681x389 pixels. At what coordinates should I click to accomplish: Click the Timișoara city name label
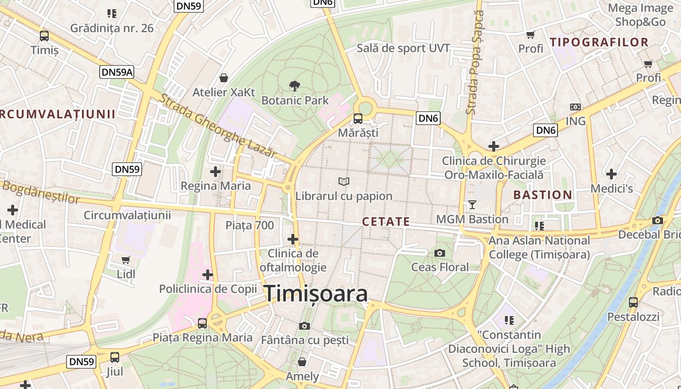(316, 294)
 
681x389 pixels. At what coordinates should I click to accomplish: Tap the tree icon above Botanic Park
(294, 86)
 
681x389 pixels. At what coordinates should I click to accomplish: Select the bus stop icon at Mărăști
(358, 118)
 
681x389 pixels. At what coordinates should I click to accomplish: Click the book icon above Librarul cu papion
(344, 181)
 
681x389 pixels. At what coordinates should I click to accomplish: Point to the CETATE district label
(386, 222)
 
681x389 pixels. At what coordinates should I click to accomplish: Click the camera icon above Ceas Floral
(440, 253)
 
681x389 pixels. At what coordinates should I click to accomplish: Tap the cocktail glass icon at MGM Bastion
(472, 205)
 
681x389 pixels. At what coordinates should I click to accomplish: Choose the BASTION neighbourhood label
(543, 195)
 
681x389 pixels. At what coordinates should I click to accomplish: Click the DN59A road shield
(117, 72)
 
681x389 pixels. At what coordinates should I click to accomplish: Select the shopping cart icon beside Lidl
(126, 260)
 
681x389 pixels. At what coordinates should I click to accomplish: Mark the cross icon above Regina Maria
(215, 171)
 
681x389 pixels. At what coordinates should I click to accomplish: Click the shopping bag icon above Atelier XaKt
(224, 78)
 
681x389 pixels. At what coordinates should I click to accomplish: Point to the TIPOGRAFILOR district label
(599, 42)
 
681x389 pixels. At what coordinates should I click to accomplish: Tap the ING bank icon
(575, 106)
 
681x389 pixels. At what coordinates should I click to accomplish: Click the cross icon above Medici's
(611, 174)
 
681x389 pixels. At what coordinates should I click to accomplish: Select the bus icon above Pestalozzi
(633, 302)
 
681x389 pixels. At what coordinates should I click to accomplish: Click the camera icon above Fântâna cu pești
(305, 325)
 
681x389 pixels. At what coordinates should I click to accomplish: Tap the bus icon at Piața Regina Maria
(202, 323)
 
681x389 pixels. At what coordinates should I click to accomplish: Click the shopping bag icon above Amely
(302, 362)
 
